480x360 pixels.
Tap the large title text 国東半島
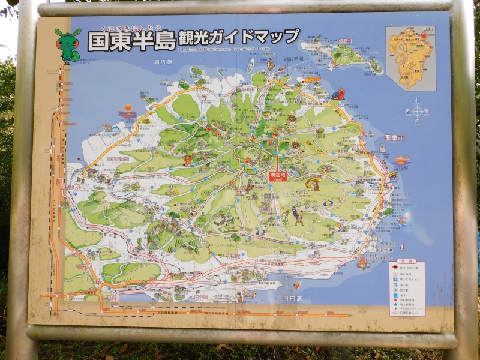click(x=131, y=41)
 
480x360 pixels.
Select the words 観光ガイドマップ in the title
click(x=239, y=38)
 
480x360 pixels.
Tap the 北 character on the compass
click(x=417, y=102)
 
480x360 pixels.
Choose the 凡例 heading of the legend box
click(x=407, y=262)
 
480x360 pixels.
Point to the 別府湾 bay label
click(x=292, y=298)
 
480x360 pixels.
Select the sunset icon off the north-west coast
click(x=127, y=111)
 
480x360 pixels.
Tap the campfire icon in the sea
click(x=362, y=262)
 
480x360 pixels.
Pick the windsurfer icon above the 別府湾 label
click(x=296, y=284)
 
